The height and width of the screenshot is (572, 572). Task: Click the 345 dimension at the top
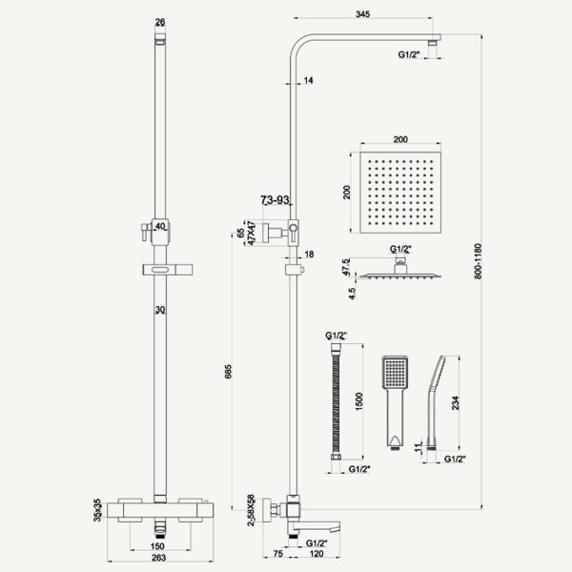[x=362, y=14]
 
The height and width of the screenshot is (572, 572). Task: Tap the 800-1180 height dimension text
[x=478, y=261]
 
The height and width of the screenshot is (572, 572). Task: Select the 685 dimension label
[x=228, y=372]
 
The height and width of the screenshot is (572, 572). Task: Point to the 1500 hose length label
[x=359, y=401]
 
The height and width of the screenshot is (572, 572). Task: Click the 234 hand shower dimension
[x=456, y=403]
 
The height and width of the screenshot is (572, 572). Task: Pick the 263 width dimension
[x=158, y=558]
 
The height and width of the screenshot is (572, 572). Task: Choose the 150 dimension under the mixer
[x=157, y=546]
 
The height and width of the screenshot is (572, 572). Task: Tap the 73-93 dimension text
[x=275, y=200]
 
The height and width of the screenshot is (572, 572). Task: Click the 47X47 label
[x=252, y=233]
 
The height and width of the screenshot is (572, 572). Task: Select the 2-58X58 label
[x=251, y=511]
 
